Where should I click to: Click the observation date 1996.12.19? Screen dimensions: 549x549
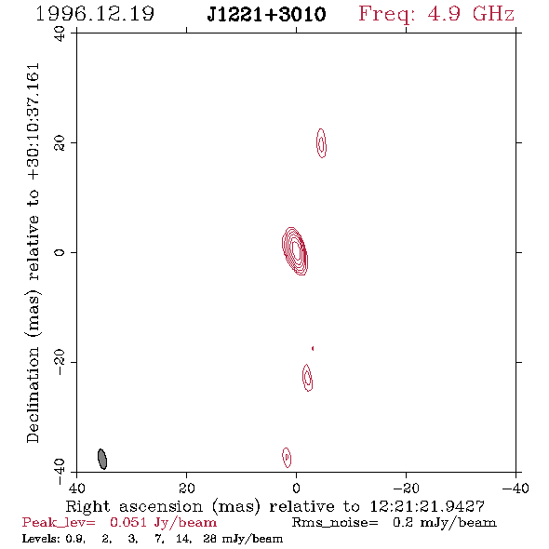pyautogui.click(x=95, y=14)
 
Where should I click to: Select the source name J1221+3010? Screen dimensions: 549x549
pyautogui.click(x=266, y=15)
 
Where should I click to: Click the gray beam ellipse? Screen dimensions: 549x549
pyautogui.click(x=101, y=459)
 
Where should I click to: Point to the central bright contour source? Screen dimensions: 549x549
pyautogui.click(x=295, y=251)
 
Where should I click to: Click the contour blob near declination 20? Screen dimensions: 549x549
pyautogui.click(x=321, y=143)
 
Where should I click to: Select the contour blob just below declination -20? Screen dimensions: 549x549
pyautogui.click(x=307, y=378)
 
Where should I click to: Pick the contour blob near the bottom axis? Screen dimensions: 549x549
pyautogui.click(x=287, y=457)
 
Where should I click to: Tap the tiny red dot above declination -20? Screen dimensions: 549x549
pyautogui.click(x=313, y=348)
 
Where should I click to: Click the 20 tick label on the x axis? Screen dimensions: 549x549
pyautogui.click(x=186, y=489)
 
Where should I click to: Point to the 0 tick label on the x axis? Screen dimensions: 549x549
pyautogui.click(x=296, y=489)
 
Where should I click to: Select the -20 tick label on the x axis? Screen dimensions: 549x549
pyautogui.click(x=406, y=489)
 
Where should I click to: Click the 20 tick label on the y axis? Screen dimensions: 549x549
pyautogui.click(x=60, y=143)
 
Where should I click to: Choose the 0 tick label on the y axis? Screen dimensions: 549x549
pyautogui.click(x=60, y=252)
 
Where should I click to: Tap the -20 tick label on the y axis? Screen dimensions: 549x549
pyautogui.click(x=60, y=362)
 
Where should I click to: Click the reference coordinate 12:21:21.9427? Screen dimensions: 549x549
pyautogui.click(x=427, y=506)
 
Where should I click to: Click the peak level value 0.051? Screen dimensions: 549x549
pyautogui.click(x=128, y=522)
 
